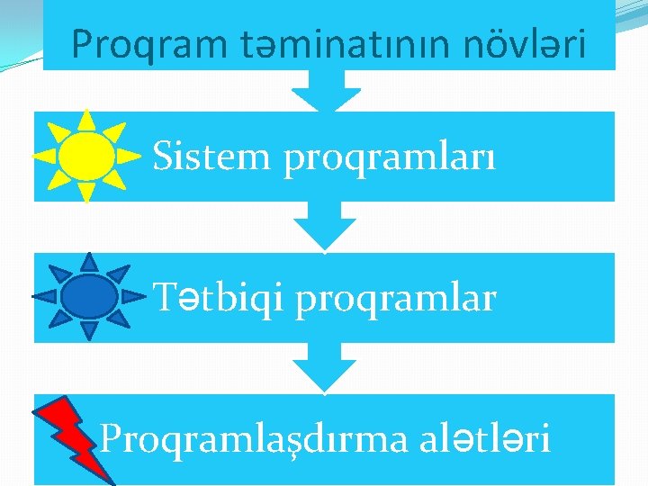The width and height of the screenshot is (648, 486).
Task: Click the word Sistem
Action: point(211,157)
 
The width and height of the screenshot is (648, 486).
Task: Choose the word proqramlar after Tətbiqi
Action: point(395,301)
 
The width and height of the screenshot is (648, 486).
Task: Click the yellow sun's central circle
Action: point(86,156)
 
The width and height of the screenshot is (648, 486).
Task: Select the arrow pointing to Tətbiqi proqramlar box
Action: point(325,225)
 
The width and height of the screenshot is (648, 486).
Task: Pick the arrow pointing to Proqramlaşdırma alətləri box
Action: point(325,366)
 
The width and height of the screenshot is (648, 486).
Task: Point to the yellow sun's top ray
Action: point(85,120)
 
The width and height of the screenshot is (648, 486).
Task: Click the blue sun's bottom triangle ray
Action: point(88,330)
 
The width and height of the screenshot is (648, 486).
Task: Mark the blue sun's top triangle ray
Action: point(88,261)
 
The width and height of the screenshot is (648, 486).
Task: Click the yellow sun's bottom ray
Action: point(86,192)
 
